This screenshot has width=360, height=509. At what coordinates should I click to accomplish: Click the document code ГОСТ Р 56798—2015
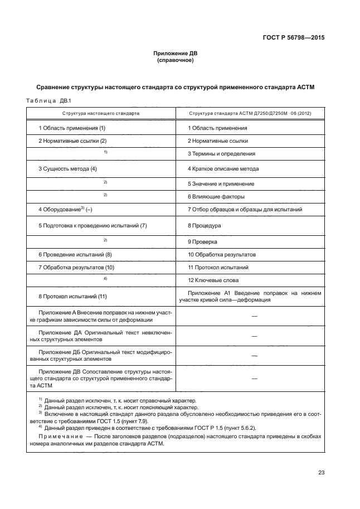294,38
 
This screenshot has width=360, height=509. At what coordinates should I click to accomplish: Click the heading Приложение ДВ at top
176,54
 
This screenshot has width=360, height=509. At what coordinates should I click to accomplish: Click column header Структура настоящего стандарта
101,113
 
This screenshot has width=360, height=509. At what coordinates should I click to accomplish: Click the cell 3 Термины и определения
221,154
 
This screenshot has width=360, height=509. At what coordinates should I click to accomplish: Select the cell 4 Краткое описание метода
223,168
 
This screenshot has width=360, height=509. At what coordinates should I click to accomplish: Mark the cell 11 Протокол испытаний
217,268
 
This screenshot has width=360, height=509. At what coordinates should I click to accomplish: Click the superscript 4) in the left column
105,278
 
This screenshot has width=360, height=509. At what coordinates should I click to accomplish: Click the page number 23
321,473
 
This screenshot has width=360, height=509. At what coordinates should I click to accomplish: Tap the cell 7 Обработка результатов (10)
76,268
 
